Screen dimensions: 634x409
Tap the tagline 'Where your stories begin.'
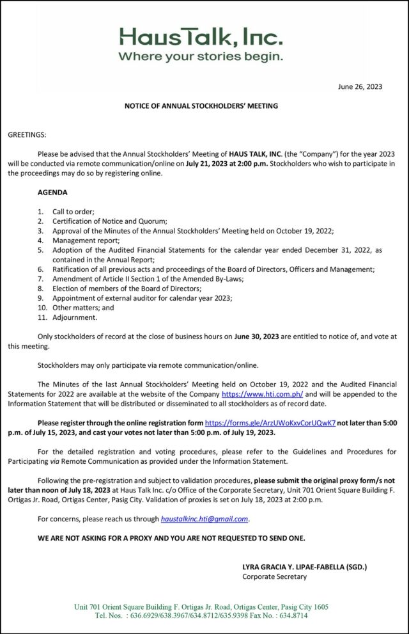[x=201, y=56]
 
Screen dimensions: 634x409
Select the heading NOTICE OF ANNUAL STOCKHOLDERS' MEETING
[x=201, y=106]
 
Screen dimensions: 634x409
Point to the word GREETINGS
[x=27, y=135]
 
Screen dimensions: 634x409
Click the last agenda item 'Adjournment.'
[x=75, y=317]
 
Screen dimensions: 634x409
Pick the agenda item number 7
[x=40, y=279]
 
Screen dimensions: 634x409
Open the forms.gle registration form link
[x=270, y=424]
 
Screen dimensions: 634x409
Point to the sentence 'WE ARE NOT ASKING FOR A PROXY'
[x=171, y=538]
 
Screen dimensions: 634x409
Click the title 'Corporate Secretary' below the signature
[x=274, y=576]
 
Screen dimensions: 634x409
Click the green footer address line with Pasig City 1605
[x=201, y=606]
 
